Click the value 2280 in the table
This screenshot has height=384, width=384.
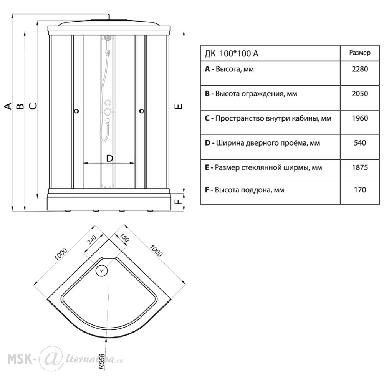point(360,69)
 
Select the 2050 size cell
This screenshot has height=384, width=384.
point(360,94)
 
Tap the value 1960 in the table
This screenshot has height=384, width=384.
point(360,118)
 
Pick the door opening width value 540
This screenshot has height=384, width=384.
point(360,143)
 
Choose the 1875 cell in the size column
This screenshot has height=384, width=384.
point(360,167)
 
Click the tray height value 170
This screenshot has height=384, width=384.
point(360,190)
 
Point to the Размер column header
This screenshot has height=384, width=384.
point(360,53)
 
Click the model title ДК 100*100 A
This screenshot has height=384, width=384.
point(232,53)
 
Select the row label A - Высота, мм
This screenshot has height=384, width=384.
point(229,69)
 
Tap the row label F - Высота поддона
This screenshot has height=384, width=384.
point(244,190)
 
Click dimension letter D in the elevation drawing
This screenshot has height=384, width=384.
point(110,158)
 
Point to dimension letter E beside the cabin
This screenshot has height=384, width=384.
point(179,106)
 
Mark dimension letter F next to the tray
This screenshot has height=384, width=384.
point(179,201)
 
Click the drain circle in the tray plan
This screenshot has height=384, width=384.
point(102,270)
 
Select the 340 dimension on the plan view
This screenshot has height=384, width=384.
point(92,240)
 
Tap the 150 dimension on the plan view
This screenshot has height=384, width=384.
point(124,238)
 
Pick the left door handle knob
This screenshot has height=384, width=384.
point(77,111)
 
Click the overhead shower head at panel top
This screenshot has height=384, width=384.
point(108,38)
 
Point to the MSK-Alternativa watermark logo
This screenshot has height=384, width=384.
point(65,359)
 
